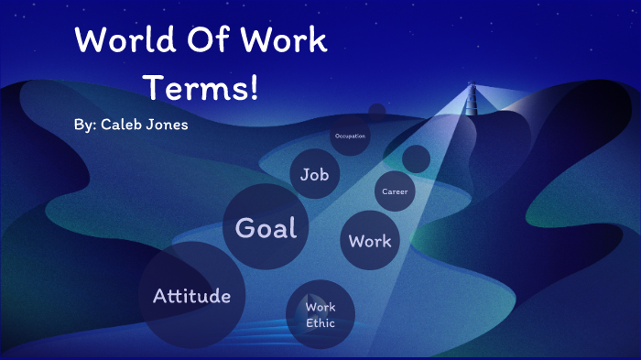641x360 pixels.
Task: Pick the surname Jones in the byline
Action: (171, 124)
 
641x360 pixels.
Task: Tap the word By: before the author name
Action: (88, 124)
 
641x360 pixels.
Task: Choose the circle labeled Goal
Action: (266, 227)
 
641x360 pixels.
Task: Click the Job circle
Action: (314, 175)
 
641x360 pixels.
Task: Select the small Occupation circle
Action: (350, 136)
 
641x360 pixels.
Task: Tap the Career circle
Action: (395, 191)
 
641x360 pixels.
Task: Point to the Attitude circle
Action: (192, 296)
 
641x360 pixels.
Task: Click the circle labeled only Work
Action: (370, 242)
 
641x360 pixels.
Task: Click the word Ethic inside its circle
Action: (320, 323)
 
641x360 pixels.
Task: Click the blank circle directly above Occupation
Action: (376, 113)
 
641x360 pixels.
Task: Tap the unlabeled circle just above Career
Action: (416, 158)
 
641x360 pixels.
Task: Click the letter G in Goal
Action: (244, 227)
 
